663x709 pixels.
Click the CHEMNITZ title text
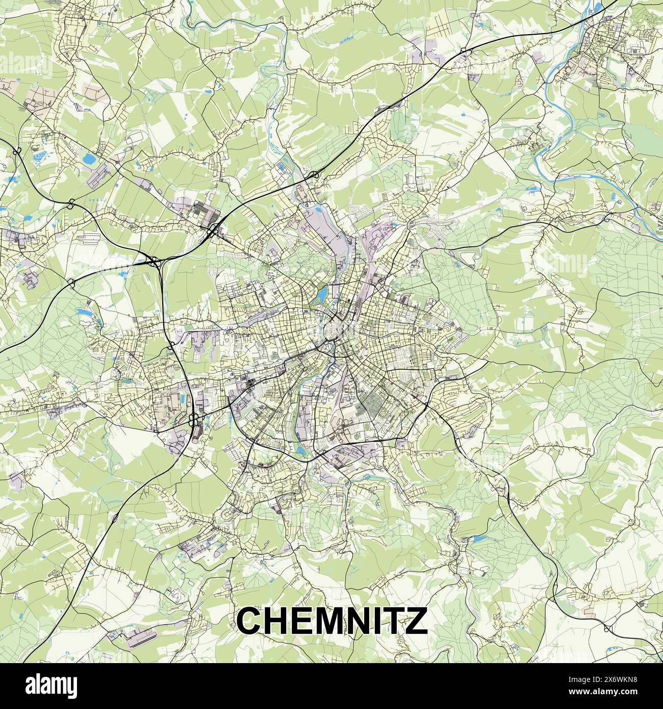pos(331,620)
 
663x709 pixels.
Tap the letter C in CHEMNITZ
pos(248,620)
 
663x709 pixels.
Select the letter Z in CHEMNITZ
pos(416,620)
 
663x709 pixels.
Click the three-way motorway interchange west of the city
pos(152,262)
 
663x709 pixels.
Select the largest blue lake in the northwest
pos(89,159)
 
